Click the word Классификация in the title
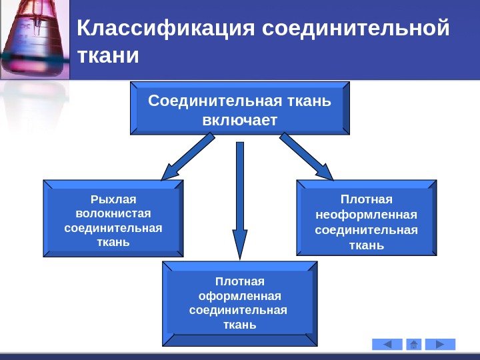[167, 29]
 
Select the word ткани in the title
[109, 55]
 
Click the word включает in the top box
[239, 120]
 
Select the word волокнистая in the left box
[113, 213]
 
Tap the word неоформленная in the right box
[366, 215]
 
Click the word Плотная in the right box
[366, 199]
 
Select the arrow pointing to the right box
[307, 157]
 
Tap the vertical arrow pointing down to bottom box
[240, 200]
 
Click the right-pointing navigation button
[441, 345]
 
